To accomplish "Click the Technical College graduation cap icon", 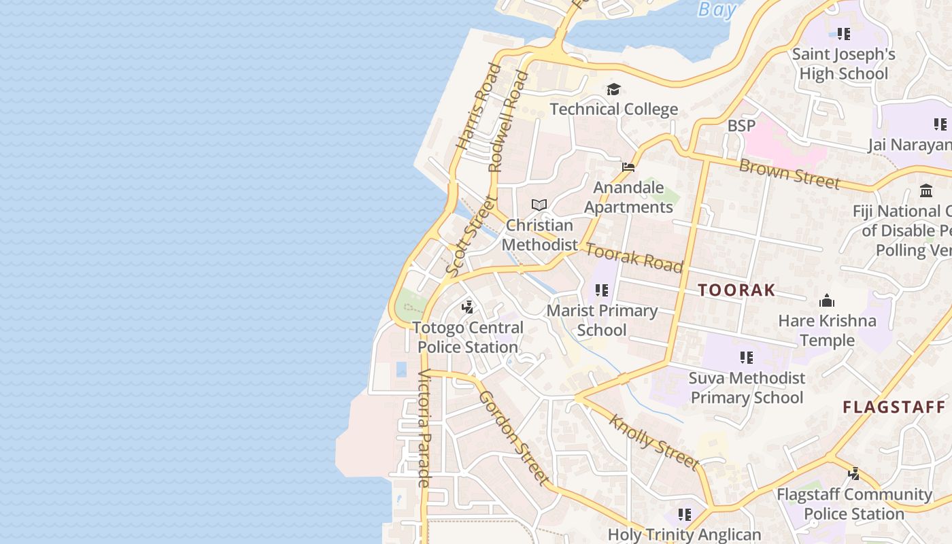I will pyautogui.click(x=613, y=90).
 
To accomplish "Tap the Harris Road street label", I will pyautogui.click(x=479, y=107).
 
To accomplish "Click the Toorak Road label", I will pyautogui.click(x=634, y=258).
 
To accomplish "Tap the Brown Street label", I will pyautogui.click(x=789, y=173).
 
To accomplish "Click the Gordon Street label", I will pyautogui.click(x=514, y=438).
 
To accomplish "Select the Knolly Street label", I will pyautogui.click(x=653, y=442).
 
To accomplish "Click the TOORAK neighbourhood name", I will pyautogui.click(x=736, y=290).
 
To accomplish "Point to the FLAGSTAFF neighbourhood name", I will pyautogui.click(x=894, y=407).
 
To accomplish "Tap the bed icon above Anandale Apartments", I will pyautogui.click(x=628, y=167).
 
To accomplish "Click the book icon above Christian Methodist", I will pyautogui.click(x=539, y=205).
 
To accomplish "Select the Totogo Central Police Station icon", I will pyautogui.click(x=467, y=307).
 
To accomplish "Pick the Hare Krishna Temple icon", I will pyautogui.click(x=827, y=301).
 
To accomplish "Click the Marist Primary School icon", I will pyautogui.click(x=602, y=290).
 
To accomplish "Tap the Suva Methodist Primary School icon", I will pyautogui.click(x=747, y=357).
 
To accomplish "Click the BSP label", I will pyautogui.click(x=741, y=126).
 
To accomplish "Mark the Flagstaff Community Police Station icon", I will pyautogui.click(x=854, y=474).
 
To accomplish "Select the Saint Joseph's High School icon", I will pyautogui.click(x=844, y=33).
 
